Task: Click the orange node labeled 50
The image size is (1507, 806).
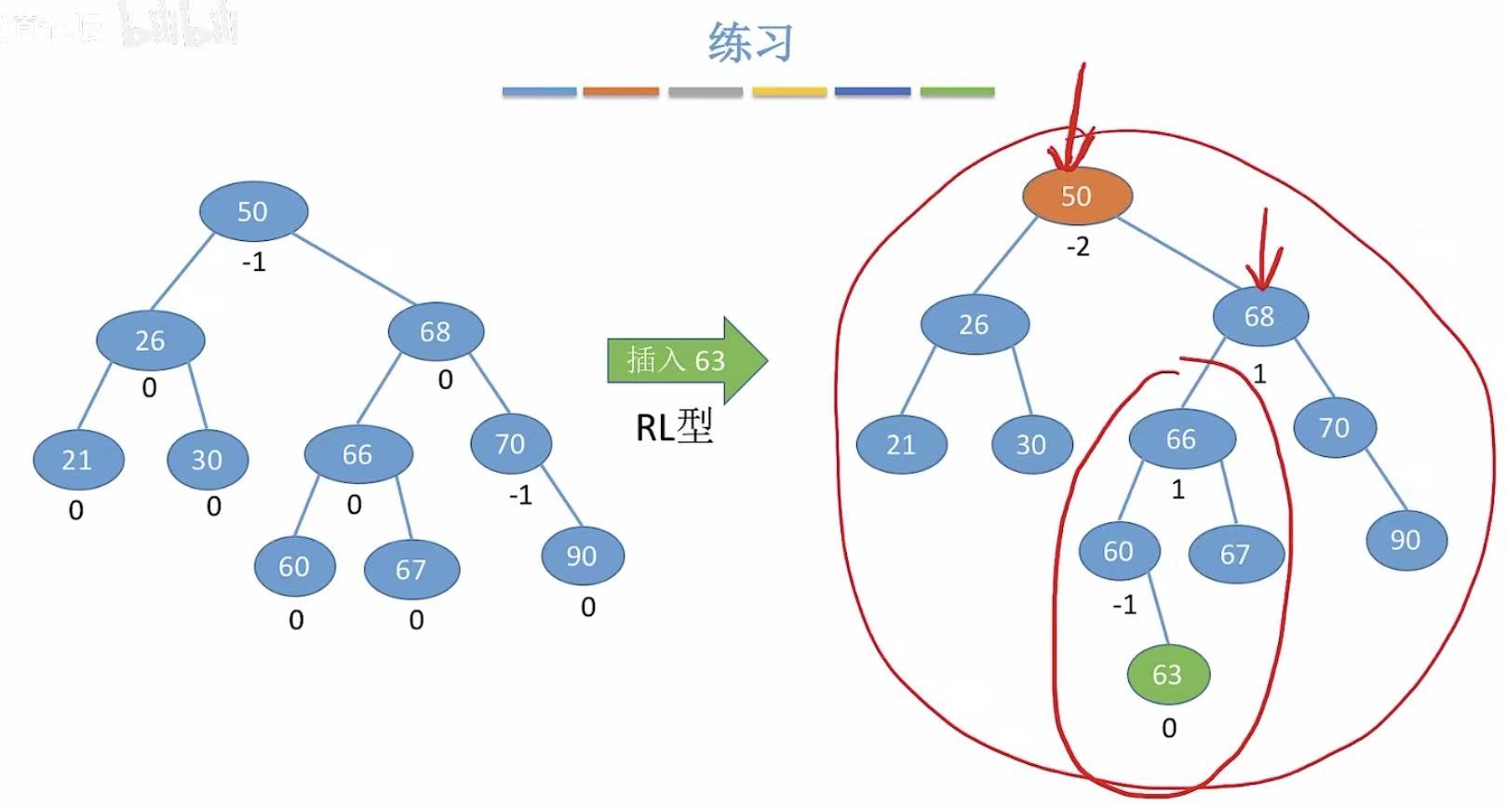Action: coord(1077,196)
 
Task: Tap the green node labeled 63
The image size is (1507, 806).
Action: coord(1167,674)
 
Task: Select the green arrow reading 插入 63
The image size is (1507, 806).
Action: coord(685,360)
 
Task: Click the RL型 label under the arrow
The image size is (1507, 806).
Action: coord(674,427)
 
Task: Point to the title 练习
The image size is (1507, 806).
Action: coord(749,43)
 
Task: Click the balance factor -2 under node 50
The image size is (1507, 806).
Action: coord(1077,248)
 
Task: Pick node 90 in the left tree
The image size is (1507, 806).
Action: coord(582,556)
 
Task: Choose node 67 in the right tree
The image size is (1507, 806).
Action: coord(1235,555)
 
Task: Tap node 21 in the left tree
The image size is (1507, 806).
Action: coord(77,460)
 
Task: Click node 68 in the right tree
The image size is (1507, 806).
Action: coord(1259,316)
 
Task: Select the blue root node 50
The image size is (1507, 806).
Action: coord(252,211)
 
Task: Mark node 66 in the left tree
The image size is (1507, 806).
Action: coord(357,454)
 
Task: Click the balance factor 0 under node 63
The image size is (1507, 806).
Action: coord(1169,728)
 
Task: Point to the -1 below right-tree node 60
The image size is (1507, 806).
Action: coord(1124,606)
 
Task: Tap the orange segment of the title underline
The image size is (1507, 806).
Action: coord(621,92)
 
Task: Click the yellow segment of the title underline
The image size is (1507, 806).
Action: coord(789,92)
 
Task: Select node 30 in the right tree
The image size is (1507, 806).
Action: coord(1030,445)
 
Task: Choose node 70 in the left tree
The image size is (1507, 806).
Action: coord(510,444)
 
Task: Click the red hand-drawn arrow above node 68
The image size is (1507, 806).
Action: coord(1265,251)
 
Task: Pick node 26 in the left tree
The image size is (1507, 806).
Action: coord(150,341)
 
